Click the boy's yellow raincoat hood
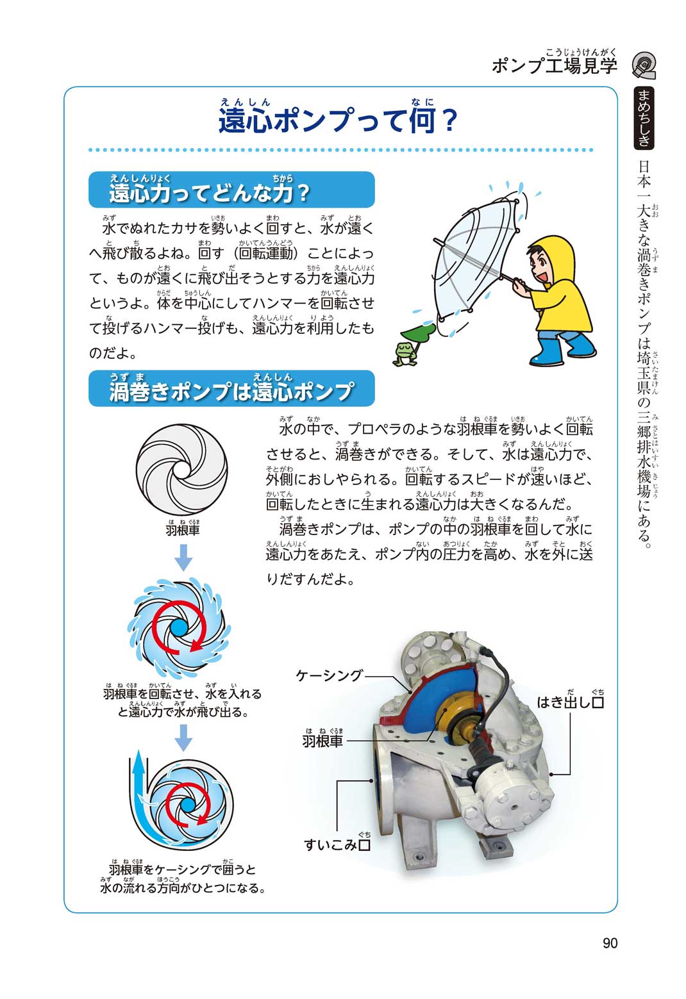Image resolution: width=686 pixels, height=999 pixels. [x=553, y=260]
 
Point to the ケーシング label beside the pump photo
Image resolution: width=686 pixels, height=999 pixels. [x=330, y=675]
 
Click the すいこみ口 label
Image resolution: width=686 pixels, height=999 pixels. [x=337, y=844]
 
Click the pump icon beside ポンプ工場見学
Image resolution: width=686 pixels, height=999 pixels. [x=644, y=65]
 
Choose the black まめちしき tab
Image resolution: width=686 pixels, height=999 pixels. [x=644, y=118]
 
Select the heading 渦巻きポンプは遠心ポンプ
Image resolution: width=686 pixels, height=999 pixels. [x=231, y=388]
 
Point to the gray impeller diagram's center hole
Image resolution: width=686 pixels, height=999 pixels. [x=181, y=470]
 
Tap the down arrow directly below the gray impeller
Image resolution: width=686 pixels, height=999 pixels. [x=183, y=557]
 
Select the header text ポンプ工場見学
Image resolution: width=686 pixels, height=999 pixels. [x=555, y=65]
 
